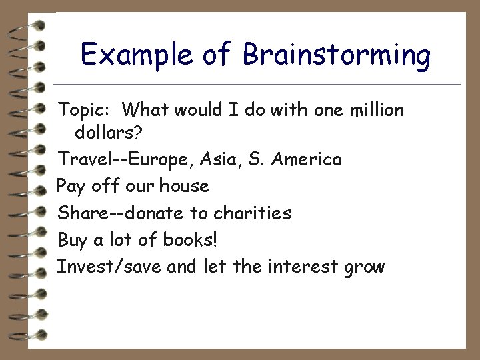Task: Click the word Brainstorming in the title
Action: [337, 55]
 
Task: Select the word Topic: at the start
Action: [85, 109]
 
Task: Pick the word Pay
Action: [71, 187]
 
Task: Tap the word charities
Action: [252, 213]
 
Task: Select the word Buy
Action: [73, 241]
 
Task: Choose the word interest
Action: [304, 267]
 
